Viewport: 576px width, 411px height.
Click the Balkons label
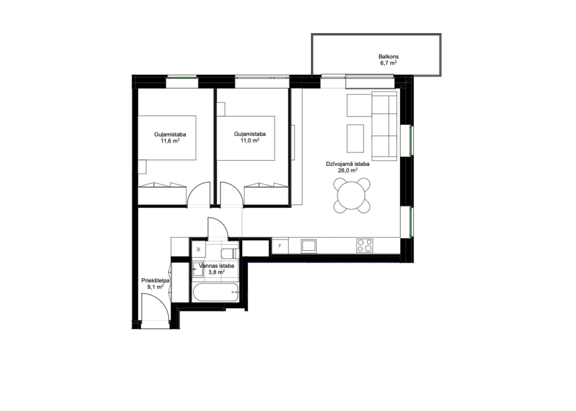[x=388, y=57]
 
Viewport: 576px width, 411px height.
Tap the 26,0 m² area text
[x=348, y=170]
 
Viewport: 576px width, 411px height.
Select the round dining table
[x=352, y=196]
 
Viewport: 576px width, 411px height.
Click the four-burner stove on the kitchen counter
[x=364, y=245]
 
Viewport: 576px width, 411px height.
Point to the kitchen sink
[x=309, y=246]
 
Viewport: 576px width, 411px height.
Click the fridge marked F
[x=280, y=246]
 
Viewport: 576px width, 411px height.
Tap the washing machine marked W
[x=199, y=249]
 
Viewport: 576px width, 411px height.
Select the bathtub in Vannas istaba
[x=215, y=293]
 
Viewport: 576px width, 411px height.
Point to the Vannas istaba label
[x=217, y=266]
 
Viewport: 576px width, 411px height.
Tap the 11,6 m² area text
[x=170, y=141]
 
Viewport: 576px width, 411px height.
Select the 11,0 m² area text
[x=250, y=141]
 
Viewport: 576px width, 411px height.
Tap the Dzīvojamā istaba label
[x=348, y=164]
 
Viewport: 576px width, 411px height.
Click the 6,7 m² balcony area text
[x=388, y=63]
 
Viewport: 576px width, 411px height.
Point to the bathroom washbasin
[x=197, y=269]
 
